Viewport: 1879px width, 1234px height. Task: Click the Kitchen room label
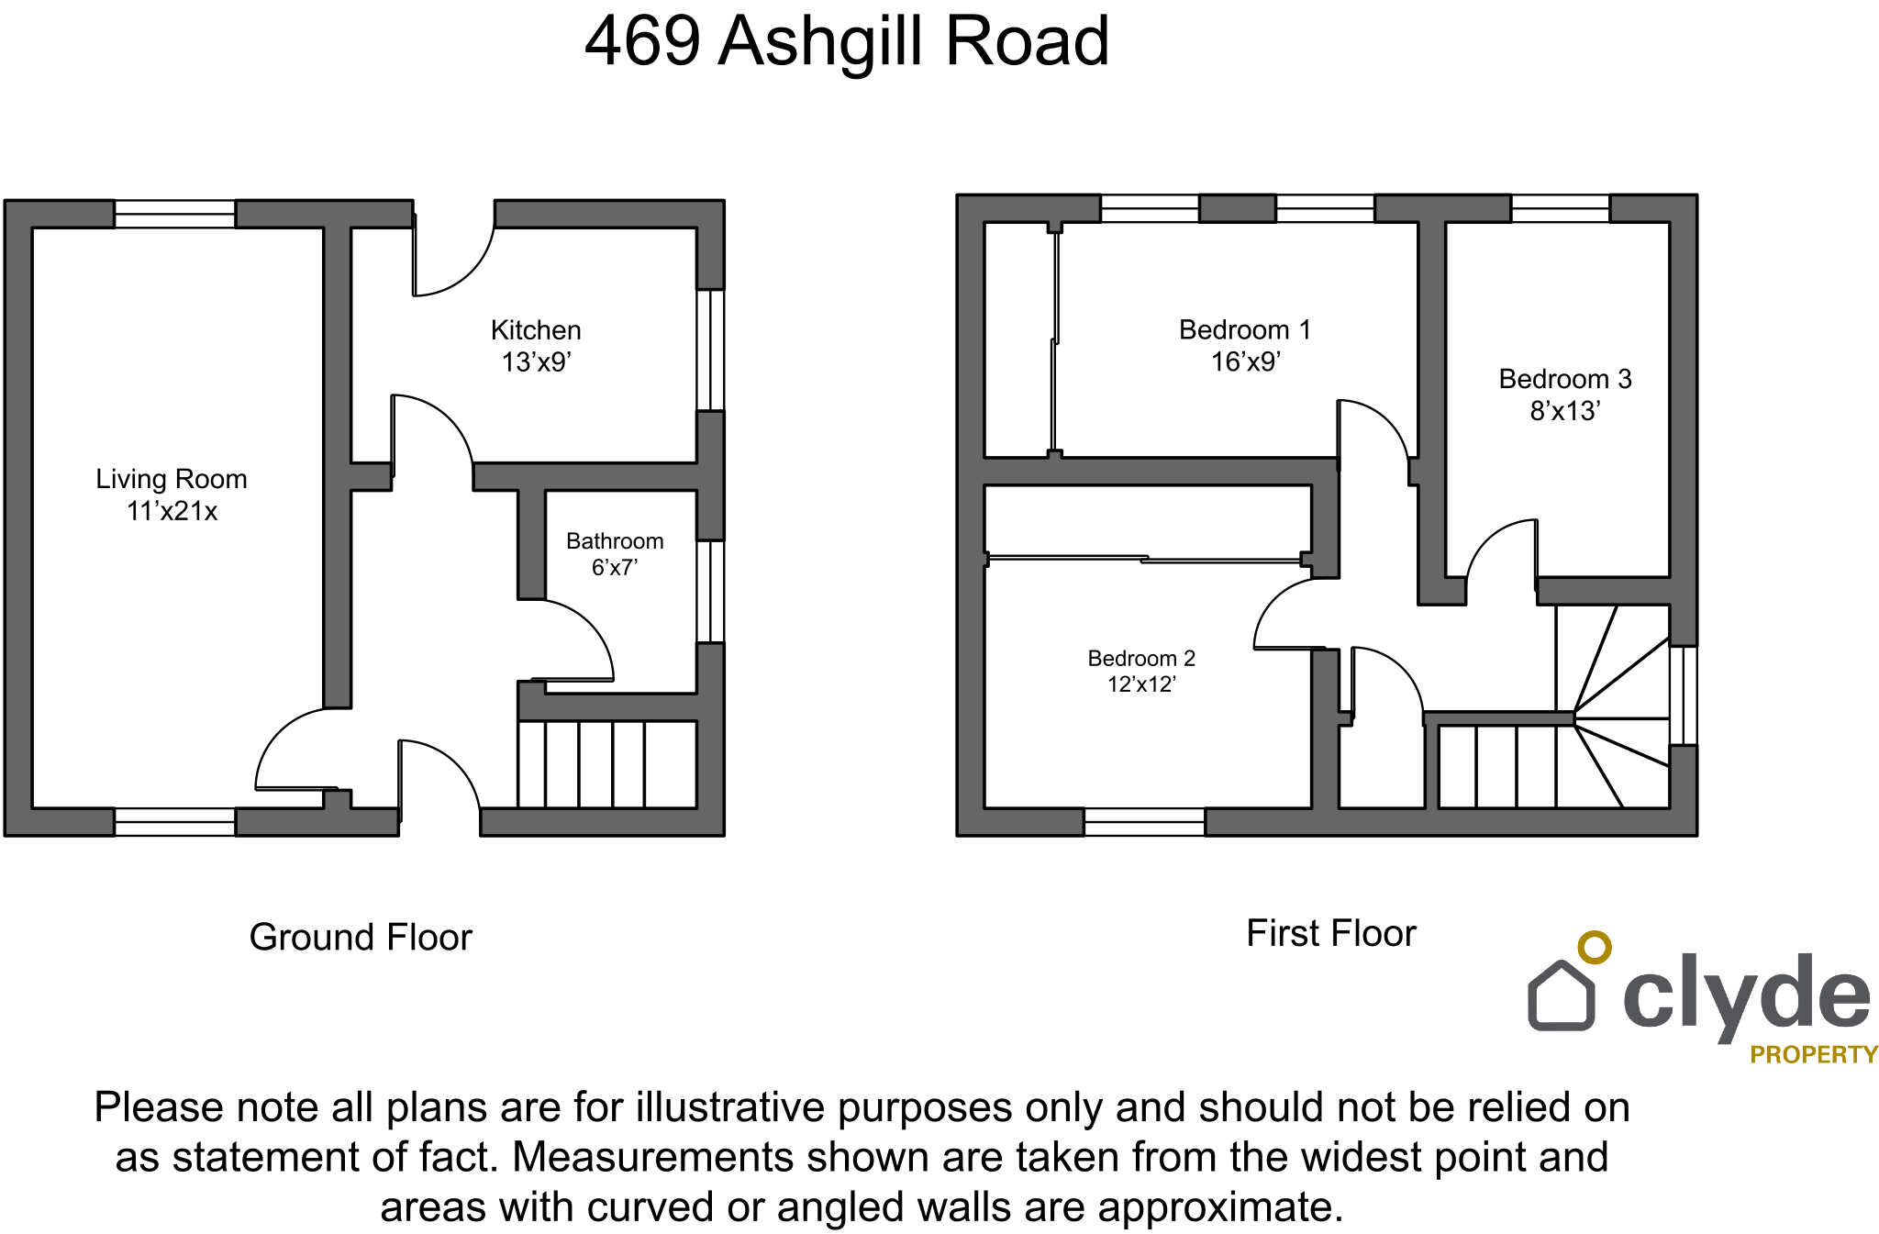tap(536, 330)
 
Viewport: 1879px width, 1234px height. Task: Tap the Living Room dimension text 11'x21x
tap(172, 511)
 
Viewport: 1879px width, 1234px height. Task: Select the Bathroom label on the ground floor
tap(615, 541)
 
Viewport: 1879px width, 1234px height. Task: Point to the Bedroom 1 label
tap(1245, 329)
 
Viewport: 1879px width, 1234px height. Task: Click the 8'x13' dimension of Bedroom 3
tap(1565, 410)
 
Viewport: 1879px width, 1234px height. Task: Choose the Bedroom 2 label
tap(1141, 659)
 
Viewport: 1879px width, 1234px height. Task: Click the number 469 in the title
tap(643, 41)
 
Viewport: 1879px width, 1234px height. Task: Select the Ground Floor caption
tap(361, 937)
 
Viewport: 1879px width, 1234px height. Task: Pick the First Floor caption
tap(1331, 933)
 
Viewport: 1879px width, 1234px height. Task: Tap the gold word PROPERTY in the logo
tap(1814, 1055)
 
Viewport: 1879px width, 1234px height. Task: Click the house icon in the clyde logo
tap(1562, 995)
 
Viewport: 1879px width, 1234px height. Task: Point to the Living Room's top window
tap(174, 214)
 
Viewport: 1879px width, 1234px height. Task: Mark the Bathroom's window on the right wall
tap(710, 592)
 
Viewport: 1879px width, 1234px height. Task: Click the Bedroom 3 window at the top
tap(1561, 208)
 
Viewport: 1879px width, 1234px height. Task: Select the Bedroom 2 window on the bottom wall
tap(1144, 822)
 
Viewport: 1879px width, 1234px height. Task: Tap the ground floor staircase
tap(607, 764)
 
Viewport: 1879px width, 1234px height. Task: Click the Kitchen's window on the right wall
tap(710, 350)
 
